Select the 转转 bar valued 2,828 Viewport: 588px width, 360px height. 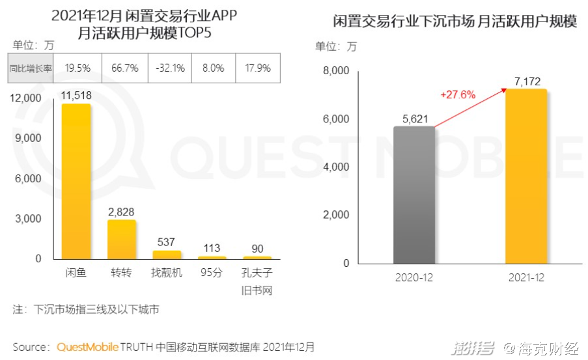(x=122, y=239)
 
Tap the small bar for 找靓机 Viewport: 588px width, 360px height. (x=167, y=255)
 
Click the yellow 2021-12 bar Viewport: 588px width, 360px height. (x=526, y=176)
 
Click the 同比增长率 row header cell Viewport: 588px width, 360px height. (x=30, y=68)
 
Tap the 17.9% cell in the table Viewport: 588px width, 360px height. (x=257, y=68)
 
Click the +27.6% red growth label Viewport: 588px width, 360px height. (x=458, y=94)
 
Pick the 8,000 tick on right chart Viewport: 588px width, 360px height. (x=336, y=71)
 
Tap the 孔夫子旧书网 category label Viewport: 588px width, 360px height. (x=257, y=281)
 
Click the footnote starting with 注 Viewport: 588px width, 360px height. (x=85, y=309)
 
